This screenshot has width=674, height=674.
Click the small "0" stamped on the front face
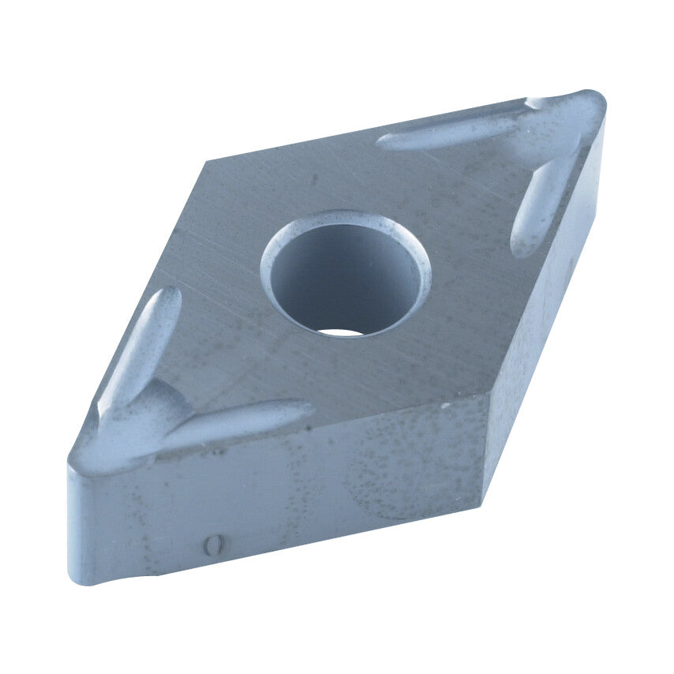(211, 545)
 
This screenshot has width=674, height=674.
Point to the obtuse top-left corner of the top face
(208, 162)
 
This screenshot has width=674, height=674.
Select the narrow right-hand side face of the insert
(545, 316)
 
